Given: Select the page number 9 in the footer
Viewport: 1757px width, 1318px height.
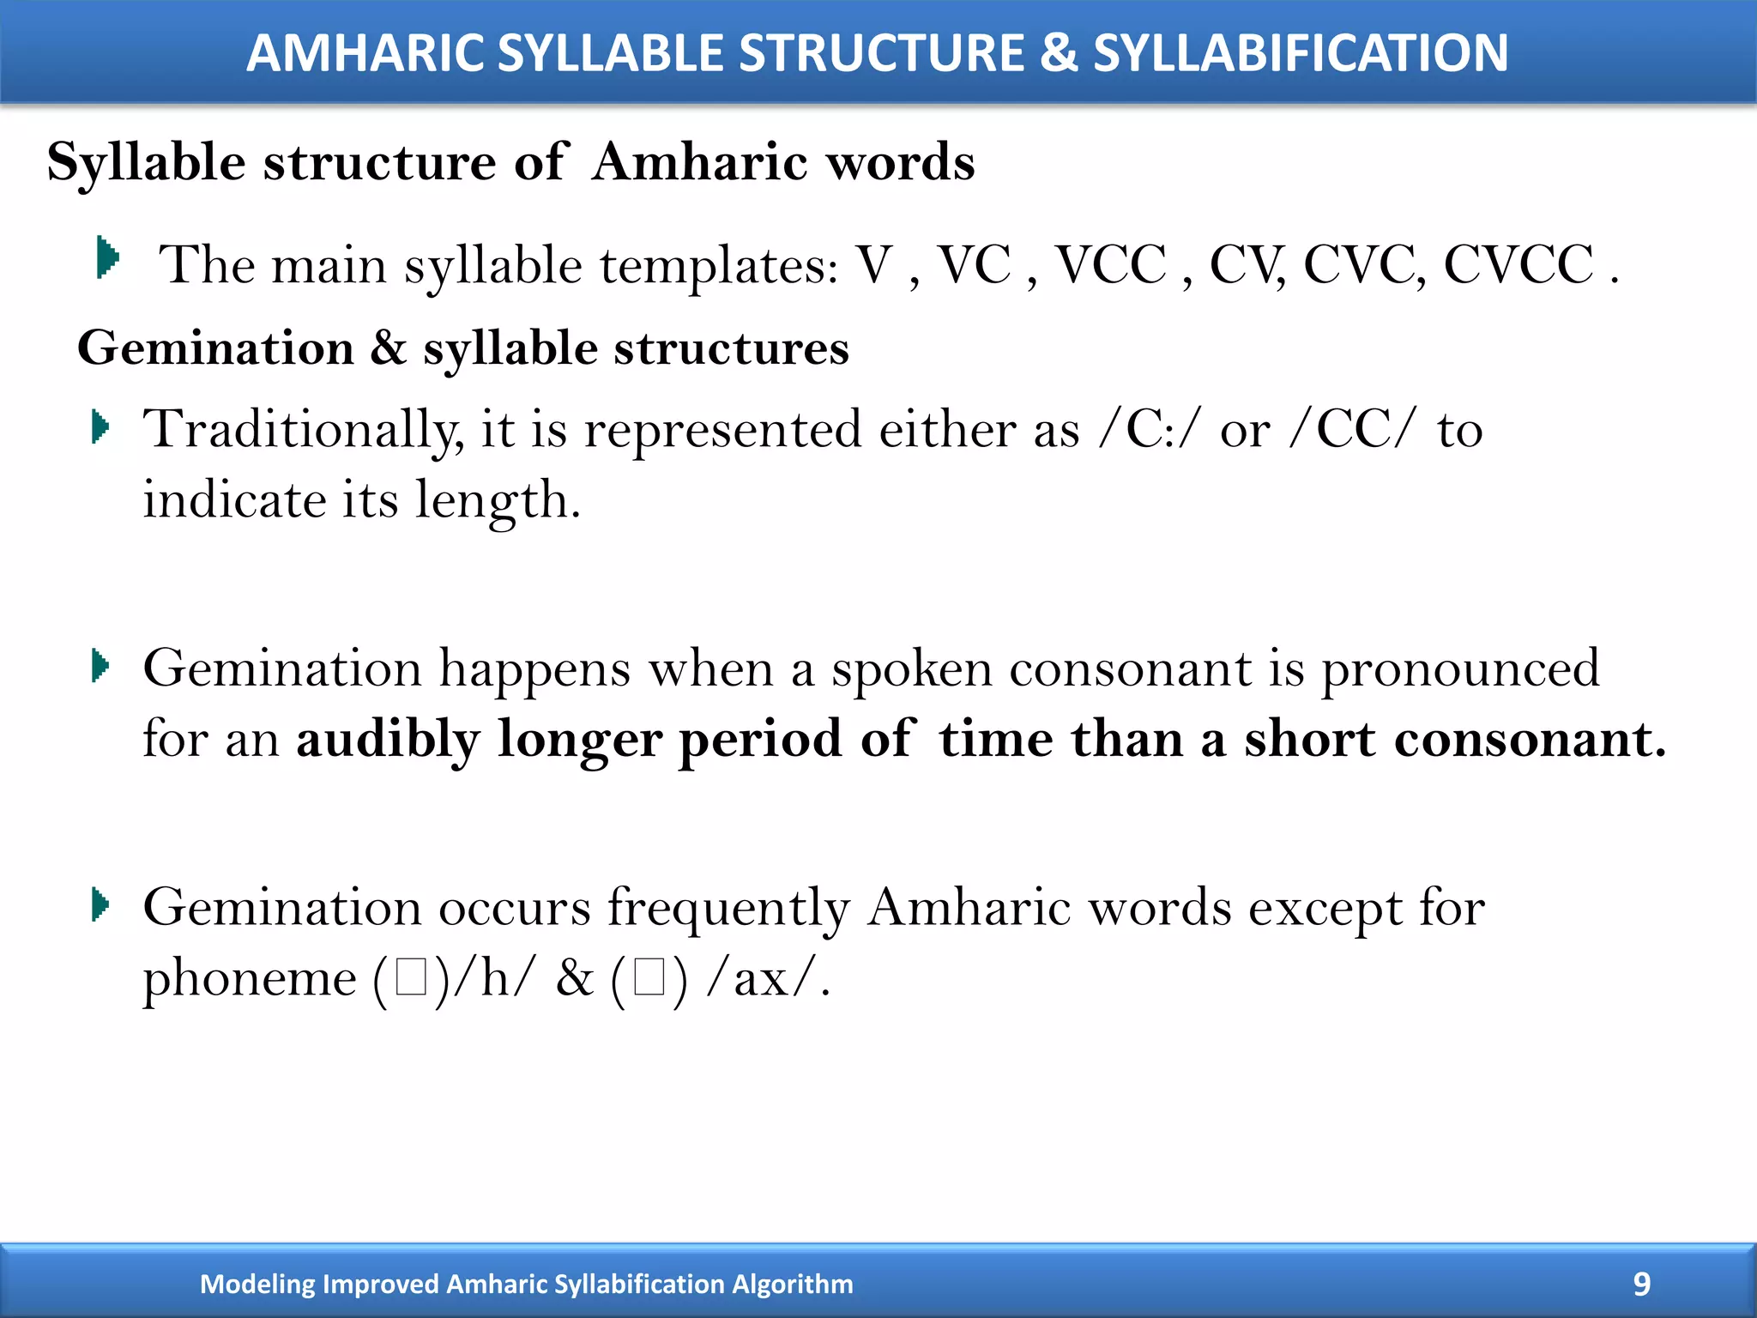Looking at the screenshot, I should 1641,1284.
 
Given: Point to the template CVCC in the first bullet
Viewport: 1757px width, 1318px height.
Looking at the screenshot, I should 1519,264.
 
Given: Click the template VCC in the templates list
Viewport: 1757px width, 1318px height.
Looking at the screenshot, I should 1110,264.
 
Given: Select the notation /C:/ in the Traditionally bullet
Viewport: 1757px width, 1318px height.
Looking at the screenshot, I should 1148,429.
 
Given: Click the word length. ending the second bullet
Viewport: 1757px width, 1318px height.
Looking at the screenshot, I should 498,499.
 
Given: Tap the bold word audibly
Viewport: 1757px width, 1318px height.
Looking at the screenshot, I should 388,739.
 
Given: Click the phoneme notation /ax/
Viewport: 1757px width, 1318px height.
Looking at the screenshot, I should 768,977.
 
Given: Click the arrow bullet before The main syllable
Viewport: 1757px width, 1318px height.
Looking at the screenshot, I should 107,257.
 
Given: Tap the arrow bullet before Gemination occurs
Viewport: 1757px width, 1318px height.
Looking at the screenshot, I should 101,905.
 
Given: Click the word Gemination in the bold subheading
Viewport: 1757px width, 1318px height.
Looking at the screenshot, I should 216,348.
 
